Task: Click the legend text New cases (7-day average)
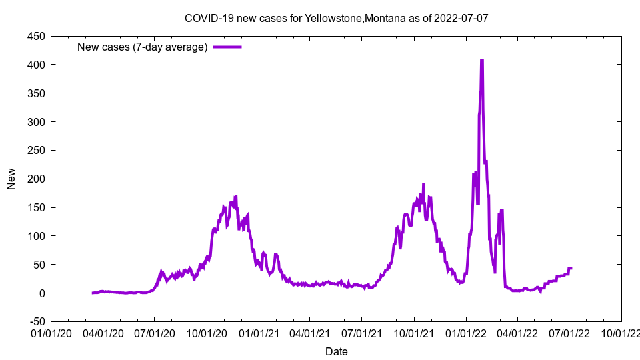pos(143,47)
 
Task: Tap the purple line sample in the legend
pos(227,47)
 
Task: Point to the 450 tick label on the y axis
pos(37,36)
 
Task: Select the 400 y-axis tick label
pos(37,65)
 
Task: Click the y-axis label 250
pos(37,151)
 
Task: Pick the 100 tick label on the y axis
pos(37,236)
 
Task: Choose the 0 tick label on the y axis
pos(41,293)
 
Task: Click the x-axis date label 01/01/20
pos(51,333)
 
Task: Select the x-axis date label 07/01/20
pos(155,333)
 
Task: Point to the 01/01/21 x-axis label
pos(259,333)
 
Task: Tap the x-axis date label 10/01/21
pos(414,333)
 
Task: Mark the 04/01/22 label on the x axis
pos(517,333)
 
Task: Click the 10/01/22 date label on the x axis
pos(621,333)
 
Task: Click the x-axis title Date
pos(336,351)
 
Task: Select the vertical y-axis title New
pos(11,179)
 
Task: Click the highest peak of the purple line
pos(481,61)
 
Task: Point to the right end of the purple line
pos(571,268)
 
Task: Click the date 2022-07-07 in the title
pos(461,18)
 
